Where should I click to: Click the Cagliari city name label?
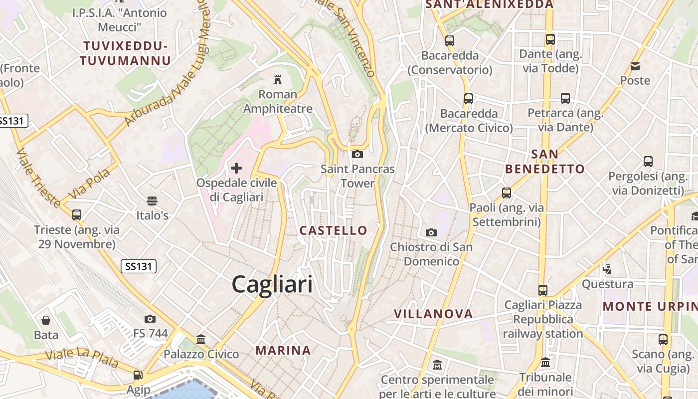click(x=272, y=284)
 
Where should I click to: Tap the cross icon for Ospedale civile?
click(x=236, y=168)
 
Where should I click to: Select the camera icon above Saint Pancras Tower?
click(x=357, y=154)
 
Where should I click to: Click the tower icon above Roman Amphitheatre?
click(x=278, y=79)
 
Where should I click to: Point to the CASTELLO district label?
click(x=334, y=230)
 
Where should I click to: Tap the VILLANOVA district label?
click(x=433, y=314)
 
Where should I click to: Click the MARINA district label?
click(x=283, y=351)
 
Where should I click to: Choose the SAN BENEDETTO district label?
click(x=544, y=162)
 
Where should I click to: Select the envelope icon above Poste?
click(x=635, y=66)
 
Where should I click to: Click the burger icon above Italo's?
click(x=152, y=201)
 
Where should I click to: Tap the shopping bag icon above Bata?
click(x=46, y=320)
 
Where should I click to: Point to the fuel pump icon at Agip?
click(x=138, y=375)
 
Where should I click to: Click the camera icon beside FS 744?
click(x=150, y=319)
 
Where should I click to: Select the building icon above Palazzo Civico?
click(x=201, y=340)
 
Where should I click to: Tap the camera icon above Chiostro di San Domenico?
click(x=431, y=232)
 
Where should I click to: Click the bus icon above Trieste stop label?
click(x=76, y=215)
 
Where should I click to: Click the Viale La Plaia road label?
click(x=82, y=358)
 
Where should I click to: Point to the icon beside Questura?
click(x=607, y=269)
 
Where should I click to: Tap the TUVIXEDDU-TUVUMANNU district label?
click(x=126, y=53)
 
